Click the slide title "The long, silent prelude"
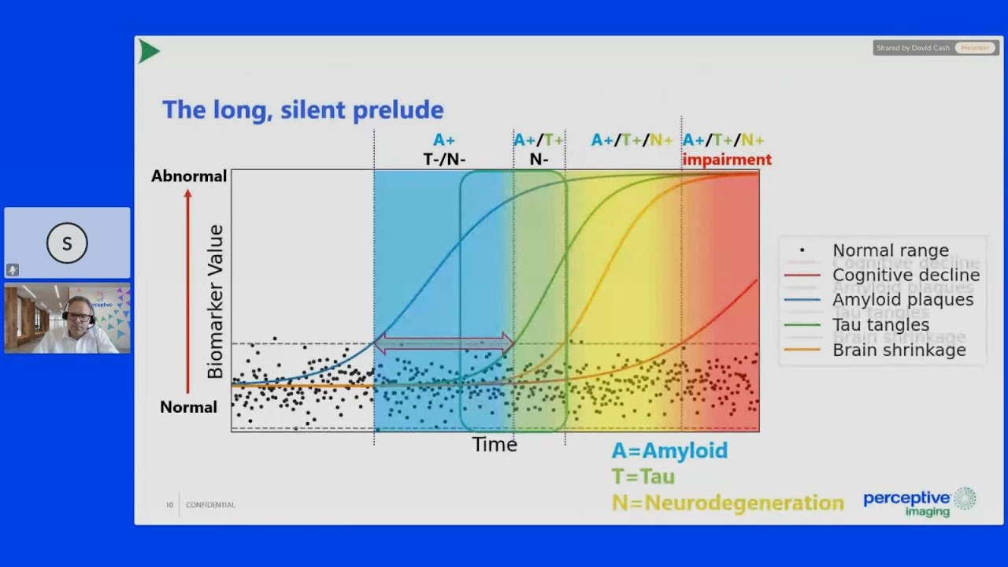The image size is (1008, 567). click(x=302, y=109)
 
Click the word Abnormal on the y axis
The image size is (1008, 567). click(x=189, y=176)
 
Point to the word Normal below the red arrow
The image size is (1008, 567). click(x=188, y=407)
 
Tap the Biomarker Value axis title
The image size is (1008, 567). click(x=215, y=302)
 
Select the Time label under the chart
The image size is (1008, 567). click(x=495, y=445)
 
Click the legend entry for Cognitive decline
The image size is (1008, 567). click(x=906, y=276)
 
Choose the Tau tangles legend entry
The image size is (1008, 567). click(x=880, y=325)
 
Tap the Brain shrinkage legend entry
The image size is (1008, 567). click(x=899, y=350)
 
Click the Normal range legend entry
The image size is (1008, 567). click(x=890, y=251)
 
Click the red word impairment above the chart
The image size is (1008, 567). click(x=727, y=160)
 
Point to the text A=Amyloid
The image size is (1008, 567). click(x=669, y=450)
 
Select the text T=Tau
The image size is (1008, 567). click(x=643, y=476)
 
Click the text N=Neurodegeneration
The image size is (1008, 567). click(x=728, y=502)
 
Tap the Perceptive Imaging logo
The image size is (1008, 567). click(x=919, y=502)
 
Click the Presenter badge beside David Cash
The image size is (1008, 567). click(x=975, y=48)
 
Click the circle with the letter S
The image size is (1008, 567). click(x=67, y=243)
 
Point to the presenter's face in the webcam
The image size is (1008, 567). click(x=79, y=317)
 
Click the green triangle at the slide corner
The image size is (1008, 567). click(x=148, y=52)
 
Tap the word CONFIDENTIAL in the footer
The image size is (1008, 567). click(x=210, y=505)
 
